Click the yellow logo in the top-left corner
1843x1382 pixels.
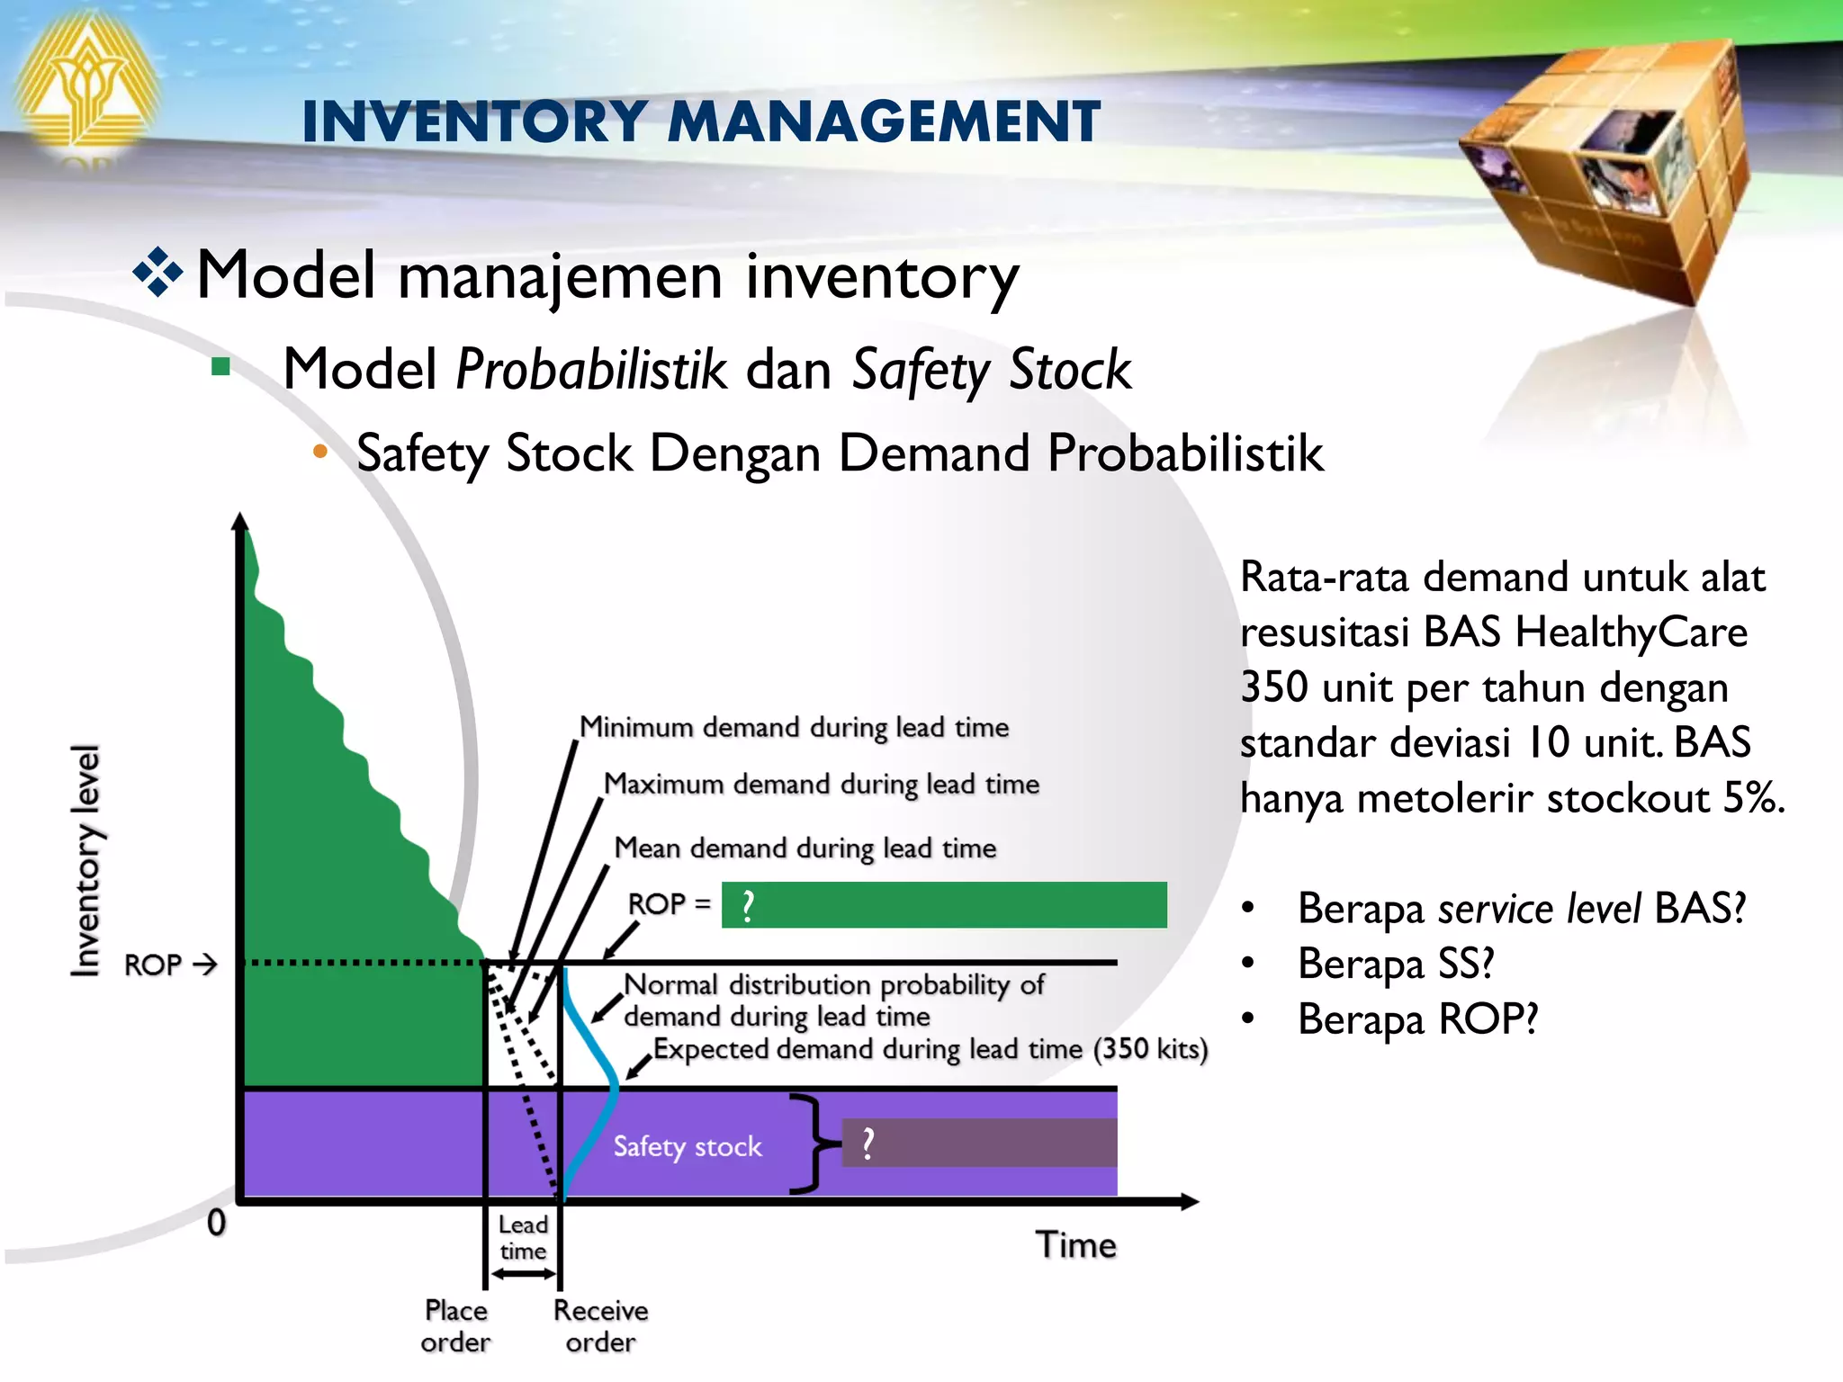(x=85, y=85)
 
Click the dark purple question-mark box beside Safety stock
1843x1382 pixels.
(x=979, y=1144)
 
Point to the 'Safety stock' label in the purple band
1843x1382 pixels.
(x=688, y=1146)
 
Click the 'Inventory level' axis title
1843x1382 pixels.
(x=86, y=860)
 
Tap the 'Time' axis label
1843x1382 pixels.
(x=1075, y=1245)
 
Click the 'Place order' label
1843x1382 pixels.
(x=455, y=1326)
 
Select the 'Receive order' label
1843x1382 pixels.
(x=600, y=1326)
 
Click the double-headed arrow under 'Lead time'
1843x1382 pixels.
(x=524, y=1274)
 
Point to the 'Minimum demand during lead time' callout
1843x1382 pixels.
(x=794, y=727)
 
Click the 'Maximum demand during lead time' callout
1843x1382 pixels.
(x=821, y=784)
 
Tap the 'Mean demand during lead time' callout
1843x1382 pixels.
(x=805, y=848)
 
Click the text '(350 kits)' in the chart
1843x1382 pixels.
(x=1151, y=1049)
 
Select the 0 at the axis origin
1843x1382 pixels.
(x=216, y=1223)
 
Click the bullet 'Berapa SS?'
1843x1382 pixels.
(x=1395, y=964)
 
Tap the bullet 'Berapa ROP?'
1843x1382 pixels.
(x=1417, y=1019)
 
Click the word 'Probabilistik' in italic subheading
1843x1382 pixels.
(x=591, y=370)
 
